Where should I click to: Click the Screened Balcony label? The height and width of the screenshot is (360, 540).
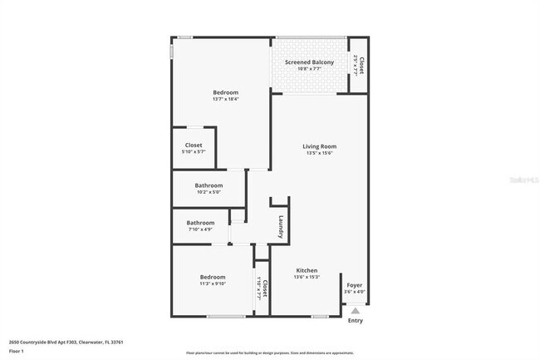[x=310, y=62]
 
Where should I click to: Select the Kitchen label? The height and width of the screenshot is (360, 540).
[x=307, y=271]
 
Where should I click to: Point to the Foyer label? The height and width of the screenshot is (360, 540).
[x=355, y=285]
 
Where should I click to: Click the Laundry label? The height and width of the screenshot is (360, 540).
[x=282, y=226]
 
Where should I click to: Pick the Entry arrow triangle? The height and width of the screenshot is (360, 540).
[x=355, y=310]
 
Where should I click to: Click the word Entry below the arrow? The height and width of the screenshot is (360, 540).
[x=356, y=320]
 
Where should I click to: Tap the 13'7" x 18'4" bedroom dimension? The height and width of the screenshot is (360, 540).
[x=225, y=99]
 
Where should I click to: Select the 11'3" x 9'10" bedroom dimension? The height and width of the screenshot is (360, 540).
[x=213, y=284]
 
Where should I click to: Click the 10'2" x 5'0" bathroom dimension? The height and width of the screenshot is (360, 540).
[x=209, y=192]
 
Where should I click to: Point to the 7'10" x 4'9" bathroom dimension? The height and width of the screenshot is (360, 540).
[x=201, y=229]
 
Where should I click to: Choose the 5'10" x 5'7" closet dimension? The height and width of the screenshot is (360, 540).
[x=194, y=152]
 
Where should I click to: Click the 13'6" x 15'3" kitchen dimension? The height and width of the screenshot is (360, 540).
[x=307, y=278]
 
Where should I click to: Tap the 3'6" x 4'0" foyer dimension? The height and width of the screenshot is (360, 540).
[x=355, y=292]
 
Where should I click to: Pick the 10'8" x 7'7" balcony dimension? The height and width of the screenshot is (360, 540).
[x=310, y=69]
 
